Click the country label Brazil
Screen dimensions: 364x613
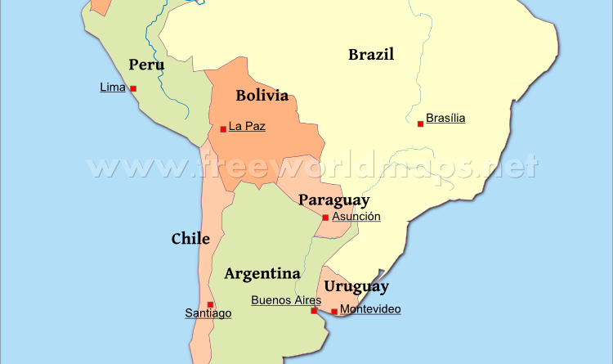coord(371,55)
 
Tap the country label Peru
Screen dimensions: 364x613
coord(146,65)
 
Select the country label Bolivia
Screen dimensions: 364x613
coord(262,96)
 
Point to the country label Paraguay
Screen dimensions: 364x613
coord(333,200)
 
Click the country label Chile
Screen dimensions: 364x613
coord(190,239)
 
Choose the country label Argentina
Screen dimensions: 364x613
coord(262,273)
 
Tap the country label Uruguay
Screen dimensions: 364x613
coord(356,286)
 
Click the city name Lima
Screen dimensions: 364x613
coord(112,87)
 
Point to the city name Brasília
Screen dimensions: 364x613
coord(445,118)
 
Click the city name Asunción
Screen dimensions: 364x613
coord(356,217)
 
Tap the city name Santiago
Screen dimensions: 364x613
coord(208,313)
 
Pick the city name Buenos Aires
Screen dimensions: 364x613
coord(286,300)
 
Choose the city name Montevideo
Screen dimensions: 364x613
coord(370,309)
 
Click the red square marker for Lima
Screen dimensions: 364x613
coord(133,88)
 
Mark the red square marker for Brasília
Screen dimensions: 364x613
coord(420,124)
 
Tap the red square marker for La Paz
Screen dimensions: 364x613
coord(223,128)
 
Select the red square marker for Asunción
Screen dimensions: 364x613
coord(325,218)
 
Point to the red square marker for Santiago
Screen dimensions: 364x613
coord(210,304)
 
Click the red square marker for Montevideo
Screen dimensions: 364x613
coord(333,311)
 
